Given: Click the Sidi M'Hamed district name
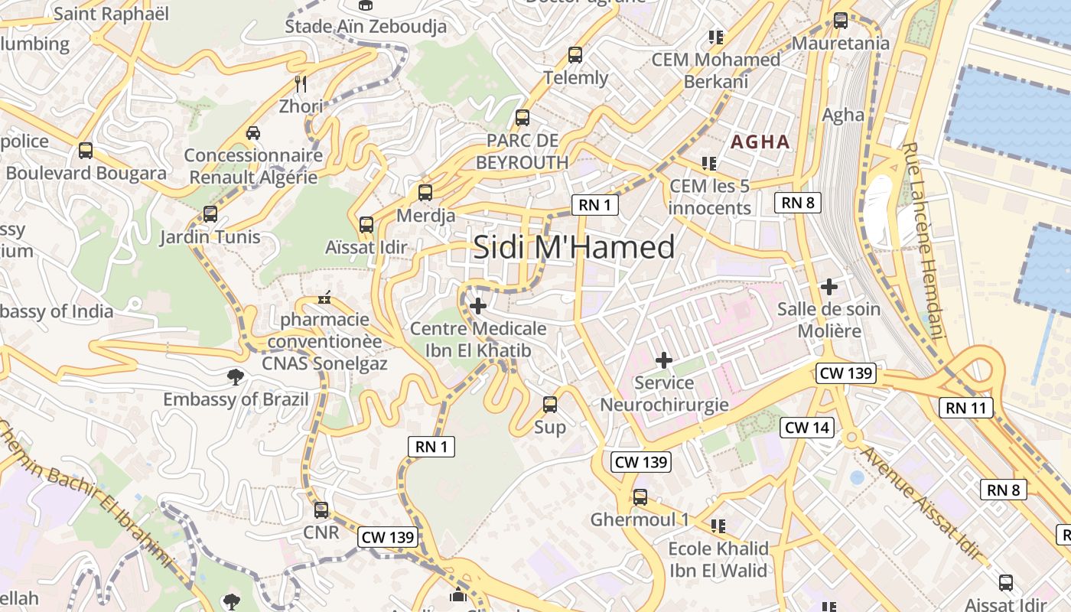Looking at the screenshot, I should (x=574, y=247).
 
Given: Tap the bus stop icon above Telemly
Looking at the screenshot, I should (x=575, y=55).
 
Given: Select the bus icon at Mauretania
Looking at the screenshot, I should (x=841, y=21).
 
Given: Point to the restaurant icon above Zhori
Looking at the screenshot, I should (x=301, y=83).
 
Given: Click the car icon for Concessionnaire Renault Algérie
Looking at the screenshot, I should (x=253, y=132).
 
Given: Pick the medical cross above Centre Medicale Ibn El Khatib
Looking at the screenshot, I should (x=478, y=307).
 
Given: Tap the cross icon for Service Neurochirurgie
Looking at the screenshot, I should (x=664, y=360).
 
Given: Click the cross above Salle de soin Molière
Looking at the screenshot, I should (x=829, y=288).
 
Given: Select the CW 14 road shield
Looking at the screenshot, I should (x=807, y=428).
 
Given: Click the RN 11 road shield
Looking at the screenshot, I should (x=966, y=408).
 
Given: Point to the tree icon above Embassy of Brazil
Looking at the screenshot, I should (x=235, y=376).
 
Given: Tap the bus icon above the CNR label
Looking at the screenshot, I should (x=321, y=509).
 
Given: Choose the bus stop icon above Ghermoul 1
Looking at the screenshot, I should (x=640, y=497).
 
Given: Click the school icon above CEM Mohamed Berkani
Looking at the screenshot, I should (x=716, y=37).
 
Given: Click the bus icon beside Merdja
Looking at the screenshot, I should (x=425, y=193).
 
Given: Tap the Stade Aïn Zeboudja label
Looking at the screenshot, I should (x=366, y=26).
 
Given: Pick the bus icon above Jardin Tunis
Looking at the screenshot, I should (x=210, y=214).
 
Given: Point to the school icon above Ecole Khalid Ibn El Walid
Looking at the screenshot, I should (x=718, y=526).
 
